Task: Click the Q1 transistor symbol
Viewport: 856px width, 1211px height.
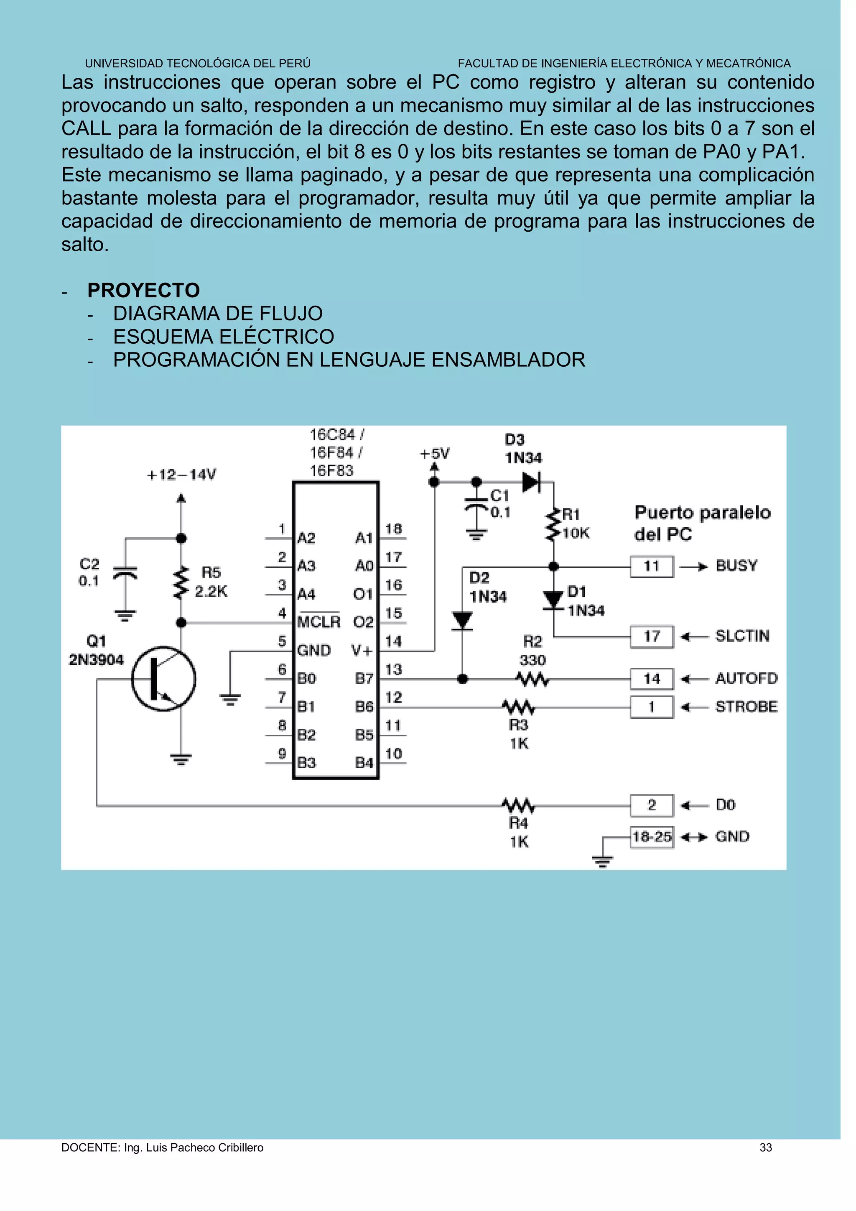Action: click(x=163, y=679)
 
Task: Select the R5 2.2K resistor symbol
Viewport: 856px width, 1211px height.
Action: click(x=181, y=583)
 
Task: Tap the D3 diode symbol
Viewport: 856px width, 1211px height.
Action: click(x=531, y=482)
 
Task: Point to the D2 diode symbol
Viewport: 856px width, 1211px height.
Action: click(x=462, y=620)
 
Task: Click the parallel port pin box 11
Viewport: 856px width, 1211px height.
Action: click(x=652, y=567)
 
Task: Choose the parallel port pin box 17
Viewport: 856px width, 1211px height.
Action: click(x=652, y=636)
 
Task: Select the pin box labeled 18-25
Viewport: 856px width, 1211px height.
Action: click(x=652, y=837)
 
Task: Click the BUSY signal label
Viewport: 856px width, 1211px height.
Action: click(x=736, y=566)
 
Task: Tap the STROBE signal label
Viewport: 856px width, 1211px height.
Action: click(x=746, y=707)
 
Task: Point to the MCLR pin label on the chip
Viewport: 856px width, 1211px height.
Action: click(x=318, y=622)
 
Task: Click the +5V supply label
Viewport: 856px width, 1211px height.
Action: click(x=434, y=454)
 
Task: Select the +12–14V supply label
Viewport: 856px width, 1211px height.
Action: click(x=181, y=475)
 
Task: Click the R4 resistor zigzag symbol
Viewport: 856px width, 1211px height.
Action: click(x=518, y=805)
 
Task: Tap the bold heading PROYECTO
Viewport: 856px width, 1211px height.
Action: click(x=143, y=291)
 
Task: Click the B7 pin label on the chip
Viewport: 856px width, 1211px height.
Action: click(x=364, y=679)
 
